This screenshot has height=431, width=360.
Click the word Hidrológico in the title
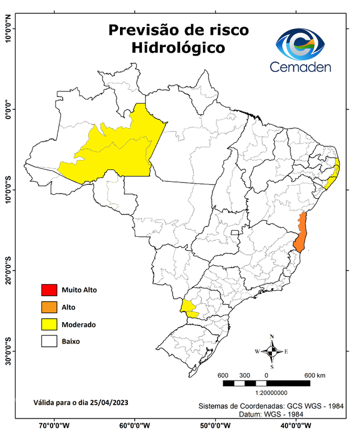(178, 48)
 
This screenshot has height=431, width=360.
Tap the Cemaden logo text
(300, 67)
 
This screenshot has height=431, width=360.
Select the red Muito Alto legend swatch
(49, 290)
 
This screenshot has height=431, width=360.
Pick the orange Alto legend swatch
(49, 307)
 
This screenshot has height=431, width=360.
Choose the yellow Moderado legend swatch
(49, 324)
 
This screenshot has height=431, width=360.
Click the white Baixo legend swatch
(49, 341)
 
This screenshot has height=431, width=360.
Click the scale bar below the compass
(266, 383)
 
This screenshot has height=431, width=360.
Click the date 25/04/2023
(110, 402)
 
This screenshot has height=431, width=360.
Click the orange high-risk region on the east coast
(302, 233)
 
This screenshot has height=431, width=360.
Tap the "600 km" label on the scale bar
(315, 375)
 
